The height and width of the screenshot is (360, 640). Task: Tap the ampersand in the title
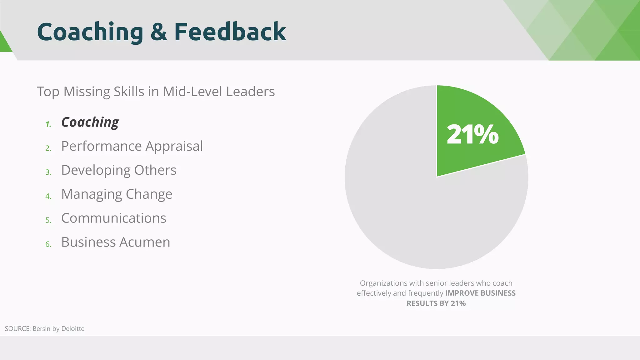(x=159, y=32)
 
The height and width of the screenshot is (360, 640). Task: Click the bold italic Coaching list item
(x=90, y=122)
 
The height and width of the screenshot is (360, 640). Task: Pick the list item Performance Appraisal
(x=132, y=146)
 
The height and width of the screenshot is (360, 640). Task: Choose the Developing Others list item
(x=119, y=170)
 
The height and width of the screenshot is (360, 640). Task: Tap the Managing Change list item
(x=117, y=194)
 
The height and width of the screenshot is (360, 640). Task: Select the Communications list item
(x=113, y=218)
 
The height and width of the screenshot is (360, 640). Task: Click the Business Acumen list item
(x=116, y=242)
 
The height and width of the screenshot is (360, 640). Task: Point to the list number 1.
(x=48, y=124)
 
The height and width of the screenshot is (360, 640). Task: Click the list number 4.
(x=48, y=196)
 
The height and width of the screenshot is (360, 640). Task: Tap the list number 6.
(x=48, y=244)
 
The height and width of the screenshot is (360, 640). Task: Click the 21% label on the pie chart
(x=472, y=135)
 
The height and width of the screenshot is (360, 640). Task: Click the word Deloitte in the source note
(x=73, y=329)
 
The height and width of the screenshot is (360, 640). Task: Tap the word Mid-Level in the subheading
(x=192, y=92)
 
